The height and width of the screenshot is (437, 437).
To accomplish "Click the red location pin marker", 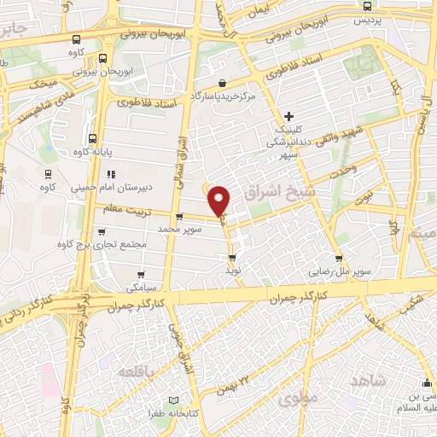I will click(220, 201).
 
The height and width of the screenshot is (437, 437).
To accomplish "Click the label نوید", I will click(231, 268).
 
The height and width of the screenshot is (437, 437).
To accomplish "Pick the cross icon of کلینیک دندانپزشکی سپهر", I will click(288, 116).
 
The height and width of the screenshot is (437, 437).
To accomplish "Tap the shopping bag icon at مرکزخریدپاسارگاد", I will click(222, 83).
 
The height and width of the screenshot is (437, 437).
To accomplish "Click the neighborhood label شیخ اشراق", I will click(268, 195).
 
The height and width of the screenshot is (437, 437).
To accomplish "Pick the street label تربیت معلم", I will click(126, 207).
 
